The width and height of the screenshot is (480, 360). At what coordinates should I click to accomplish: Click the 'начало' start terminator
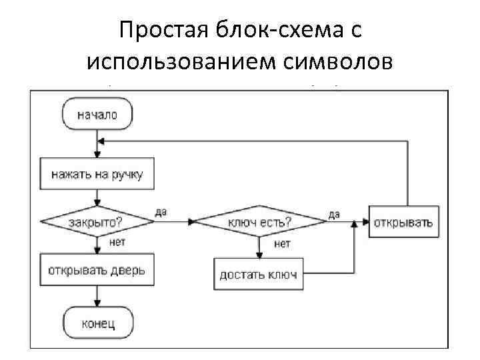(97, 115)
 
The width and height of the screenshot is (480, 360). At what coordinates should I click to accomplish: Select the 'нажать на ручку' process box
(97, 175)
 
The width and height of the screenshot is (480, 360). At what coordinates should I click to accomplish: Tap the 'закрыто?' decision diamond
(97, 221)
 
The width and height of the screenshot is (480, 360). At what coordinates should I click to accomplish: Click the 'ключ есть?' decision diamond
(259, 221)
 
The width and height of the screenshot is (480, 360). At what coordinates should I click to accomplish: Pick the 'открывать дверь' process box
(97, 272)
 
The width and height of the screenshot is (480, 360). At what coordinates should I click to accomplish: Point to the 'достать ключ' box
(259, 274)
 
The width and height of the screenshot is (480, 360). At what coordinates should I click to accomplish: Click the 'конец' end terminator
(97, 323)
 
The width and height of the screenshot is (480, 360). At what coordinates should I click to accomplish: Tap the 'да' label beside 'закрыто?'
(161, 212)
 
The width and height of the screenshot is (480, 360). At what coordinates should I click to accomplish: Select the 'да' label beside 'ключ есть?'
(333, 214)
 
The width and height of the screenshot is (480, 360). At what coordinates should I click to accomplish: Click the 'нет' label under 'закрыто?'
(117, 243)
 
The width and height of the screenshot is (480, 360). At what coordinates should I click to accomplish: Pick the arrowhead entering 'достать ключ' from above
(259, 255)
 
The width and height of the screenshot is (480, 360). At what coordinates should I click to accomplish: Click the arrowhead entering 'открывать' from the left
(369, 221)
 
